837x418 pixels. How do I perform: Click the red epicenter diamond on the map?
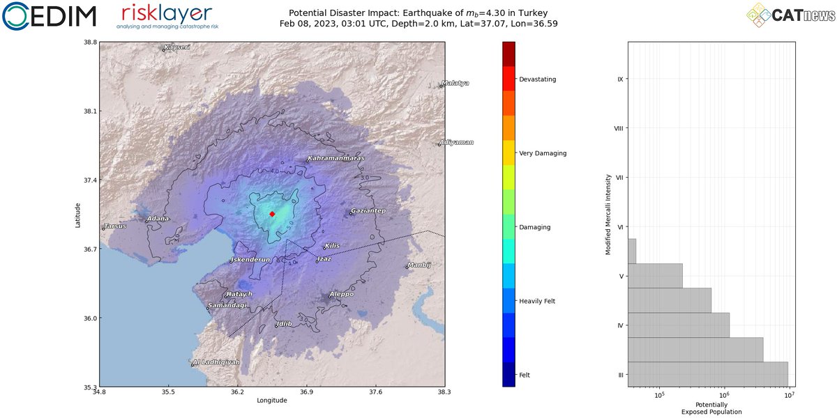pos(272,214)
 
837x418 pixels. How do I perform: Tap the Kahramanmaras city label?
pos(336,158)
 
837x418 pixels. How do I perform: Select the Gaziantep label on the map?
pos(368,210)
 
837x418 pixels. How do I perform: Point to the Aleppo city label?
pos(342,294)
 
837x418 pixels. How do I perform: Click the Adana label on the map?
pos(158,219)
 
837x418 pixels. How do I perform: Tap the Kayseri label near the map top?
pos(177,47)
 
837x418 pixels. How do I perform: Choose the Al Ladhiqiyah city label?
pos(216,362)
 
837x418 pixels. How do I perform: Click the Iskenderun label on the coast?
pos(250,260)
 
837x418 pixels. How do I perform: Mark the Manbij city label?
pos(420,265)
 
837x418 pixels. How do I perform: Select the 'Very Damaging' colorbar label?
pos(543,153)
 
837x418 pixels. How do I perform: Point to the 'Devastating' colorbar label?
pos(537,79)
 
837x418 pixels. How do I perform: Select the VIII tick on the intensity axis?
pos(618,128)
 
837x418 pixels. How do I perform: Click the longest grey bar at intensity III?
pos(708,374)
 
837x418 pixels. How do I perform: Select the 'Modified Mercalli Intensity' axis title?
pos(608,214)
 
